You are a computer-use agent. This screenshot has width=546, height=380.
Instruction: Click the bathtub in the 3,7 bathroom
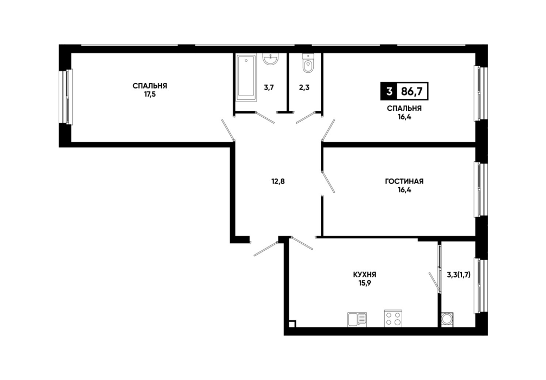(246, 77)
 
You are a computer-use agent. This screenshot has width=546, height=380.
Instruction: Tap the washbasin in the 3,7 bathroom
(270, 59)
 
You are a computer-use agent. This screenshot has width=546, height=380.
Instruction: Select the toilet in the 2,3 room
(308, 63)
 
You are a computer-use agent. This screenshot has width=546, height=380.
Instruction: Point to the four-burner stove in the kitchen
(393, 318)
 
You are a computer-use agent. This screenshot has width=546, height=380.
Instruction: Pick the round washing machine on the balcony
(447, 320)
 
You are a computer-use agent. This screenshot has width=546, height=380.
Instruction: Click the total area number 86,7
(412, 92)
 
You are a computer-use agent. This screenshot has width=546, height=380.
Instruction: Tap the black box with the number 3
(389, 92)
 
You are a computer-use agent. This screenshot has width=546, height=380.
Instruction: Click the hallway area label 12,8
(278, 181)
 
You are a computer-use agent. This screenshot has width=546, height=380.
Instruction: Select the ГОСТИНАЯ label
(404, 181)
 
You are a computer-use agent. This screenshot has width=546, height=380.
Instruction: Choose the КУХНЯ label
(365, 275)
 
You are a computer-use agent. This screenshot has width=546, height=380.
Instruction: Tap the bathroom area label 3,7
(269, 87)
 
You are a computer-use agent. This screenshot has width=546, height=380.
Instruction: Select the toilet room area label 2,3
(304, 87)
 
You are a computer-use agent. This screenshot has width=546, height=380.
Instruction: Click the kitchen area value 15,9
(365, 283)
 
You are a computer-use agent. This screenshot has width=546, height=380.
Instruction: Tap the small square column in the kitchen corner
(293, 324)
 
